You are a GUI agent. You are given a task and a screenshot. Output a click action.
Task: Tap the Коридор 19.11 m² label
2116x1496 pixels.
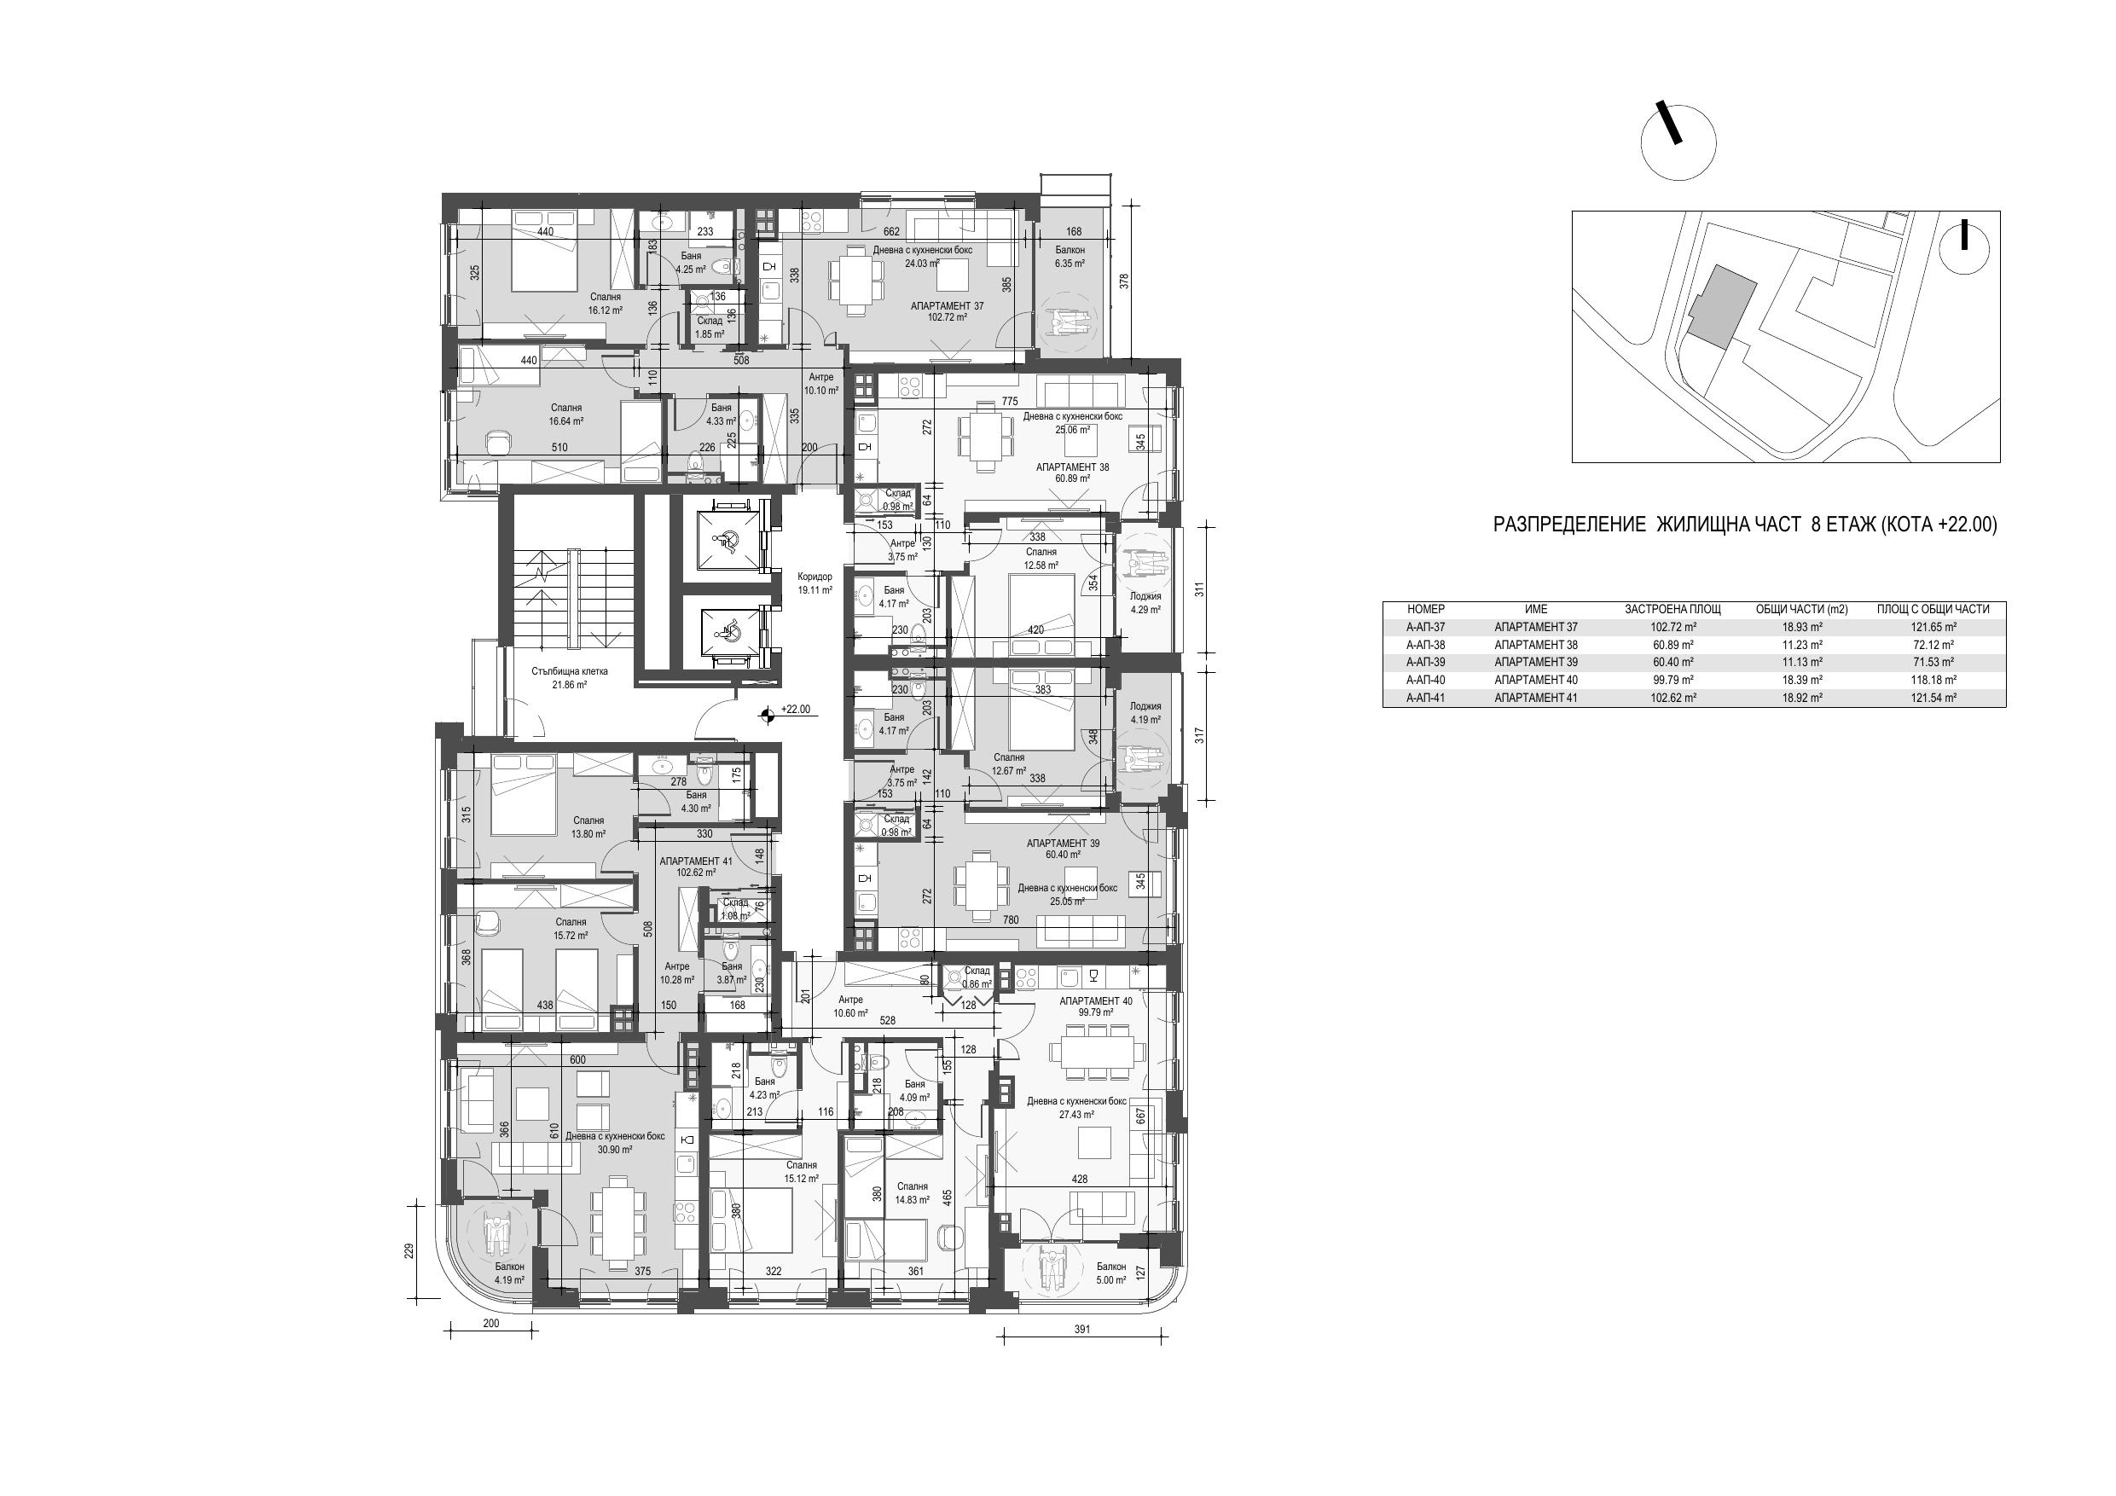pos(815,583)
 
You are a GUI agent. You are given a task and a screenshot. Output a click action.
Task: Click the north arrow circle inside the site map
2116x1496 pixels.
pos(1964,246)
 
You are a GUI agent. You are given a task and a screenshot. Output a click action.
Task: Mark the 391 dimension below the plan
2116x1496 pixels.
pos(1082,1329)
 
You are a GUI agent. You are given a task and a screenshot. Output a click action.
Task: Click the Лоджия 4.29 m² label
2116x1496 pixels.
pos(1145,603)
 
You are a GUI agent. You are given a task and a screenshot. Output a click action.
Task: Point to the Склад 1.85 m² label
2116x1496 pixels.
pos(710,328)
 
